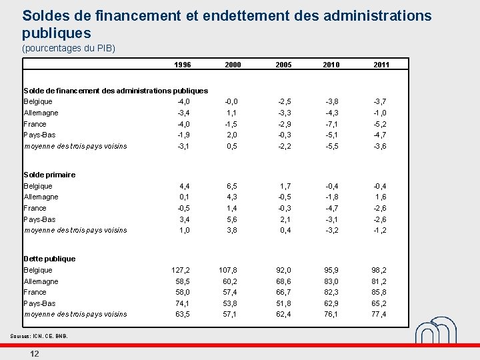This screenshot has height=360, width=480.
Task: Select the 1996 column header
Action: (182, 65)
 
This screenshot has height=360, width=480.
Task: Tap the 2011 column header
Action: (381, 65)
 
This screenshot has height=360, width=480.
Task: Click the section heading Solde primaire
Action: (49, 175)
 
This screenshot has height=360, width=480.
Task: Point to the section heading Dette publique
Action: (49, 259)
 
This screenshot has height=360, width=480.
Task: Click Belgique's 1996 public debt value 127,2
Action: (181, 270)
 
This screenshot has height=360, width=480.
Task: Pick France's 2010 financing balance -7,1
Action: (331, 124)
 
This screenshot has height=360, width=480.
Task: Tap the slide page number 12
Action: (34, 353)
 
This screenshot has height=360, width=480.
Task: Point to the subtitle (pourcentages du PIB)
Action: (69, 49)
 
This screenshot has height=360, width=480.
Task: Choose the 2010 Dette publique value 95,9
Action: (331, 270)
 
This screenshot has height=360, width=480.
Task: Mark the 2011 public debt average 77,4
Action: (379, 314)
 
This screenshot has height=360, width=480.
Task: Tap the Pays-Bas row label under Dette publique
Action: (39, 303)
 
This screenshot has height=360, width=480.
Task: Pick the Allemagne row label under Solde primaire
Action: (41, 197)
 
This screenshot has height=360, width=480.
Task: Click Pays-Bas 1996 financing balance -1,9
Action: (183, 135)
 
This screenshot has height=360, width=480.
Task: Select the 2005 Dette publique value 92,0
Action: (283, 270)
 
